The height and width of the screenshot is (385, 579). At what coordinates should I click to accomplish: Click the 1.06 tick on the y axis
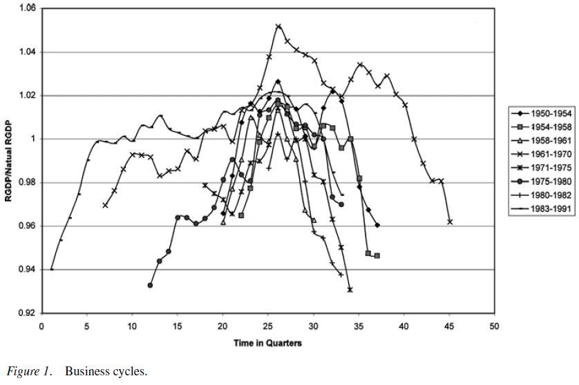(x=26, y=8)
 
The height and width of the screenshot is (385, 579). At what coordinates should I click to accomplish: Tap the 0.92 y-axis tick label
(x=26, y=313)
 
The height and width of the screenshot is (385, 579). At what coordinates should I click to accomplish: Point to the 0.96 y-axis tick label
(x=26, y=226)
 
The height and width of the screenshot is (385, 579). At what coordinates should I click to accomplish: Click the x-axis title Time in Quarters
(x=267, y=343)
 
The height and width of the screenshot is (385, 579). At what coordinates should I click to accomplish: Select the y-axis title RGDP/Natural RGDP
(x=9, y=160)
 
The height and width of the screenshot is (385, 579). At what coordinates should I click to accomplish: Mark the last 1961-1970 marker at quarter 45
(x=450, y=221)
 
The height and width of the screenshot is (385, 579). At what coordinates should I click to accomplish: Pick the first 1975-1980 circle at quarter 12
(x=151, y=285)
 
